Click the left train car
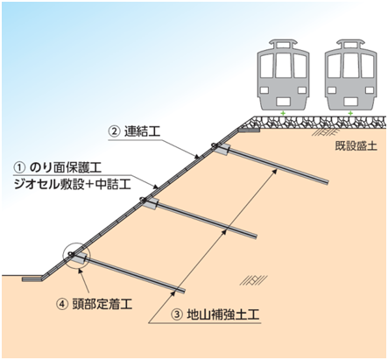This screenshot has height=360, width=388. coord(283,75)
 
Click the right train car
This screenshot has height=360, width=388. coord(351,75)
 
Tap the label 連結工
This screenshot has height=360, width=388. coord(143,131)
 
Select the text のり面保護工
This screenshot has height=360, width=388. coord(66,168)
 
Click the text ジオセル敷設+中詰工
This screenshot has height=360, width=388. coord(73,184)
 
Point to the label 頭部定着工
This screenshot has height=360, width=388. coord(102,304)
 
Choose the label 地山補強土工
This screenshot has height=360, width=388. coord(222,314)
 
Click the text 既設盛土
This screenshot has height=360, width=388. coord(356,145)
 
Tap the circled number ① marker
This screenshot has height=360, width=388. coord(20,168)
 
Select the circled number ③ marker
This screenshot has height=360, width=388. coord(177,315)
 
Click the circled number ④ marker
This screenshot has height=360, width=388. coord(62,305)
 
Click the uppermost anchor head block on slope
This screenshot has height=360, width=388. coord(222,148)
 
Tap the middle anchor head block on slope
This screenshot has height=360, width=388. coord(150,203)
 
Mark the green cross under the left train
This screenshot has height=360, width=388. coord(282,113)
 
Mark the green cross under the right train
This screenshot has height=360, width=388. coord(350,113)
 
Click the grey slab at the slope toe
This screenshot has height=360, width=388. coord(32,279)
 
